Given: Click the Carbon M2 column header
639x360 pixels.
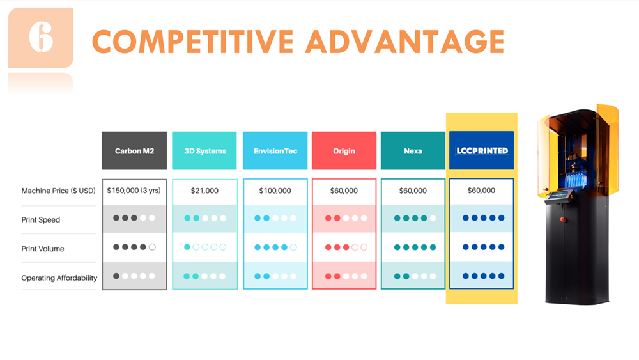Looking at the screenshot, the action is click(x=134, y=150).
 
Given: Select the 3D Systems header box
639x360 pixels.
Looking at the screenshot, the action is click(x=204, y=150).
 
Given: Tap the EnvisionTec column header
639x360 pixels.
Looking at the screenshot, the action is click(x=275, y=150).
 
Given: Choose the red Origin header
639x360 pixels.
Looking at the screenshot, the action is click(x=344, y=150).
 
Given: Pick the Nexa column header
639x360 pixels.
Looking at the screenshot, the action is click(x=413, y=150).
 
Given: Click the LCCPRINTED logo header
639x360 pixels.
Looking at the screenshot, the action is click(x=481, y=150).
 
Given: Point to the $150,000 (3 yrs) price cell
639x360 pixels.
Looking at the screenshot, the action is click(x=134, y=191).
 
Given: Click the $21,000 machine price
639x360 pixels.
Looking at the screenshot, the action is click(x=204, y=191).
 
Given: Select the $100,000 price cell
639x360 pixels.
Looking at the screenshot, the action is click(x=275, y=191).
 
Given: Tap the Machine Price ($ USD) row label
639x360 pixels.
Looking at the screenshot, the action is click(x=58, y=191).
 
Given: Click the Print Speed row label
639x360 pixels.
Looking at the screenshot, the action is click(x=41, y=220).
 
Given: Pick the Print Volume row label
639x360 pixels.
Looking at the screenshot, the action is click(x=43, y=249).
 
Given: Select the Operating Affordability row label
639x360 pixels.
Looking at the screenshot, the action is click(x=59, y=278).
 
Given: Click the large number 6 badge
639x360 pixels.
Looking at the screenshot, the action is click(x=41, y=38).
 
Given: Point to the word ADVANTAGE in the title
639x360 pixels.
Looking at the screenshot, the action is click(x=405, y=42).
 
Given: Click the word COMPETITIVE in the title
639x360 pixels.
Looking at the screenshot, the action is click(x=193, y=42).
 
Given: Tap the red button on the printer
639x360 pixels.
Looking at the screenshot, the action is click(x=563, y=220).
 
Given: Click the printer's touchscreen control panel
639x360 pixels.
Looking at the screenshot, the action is click(x=559, y=195).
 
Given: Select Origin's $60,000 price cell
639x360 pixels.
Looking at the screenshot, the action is click(x=344, y=191).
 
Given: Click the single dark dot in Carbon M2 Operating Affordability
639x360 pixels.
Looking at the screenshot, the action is click(x=116, y=276).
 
